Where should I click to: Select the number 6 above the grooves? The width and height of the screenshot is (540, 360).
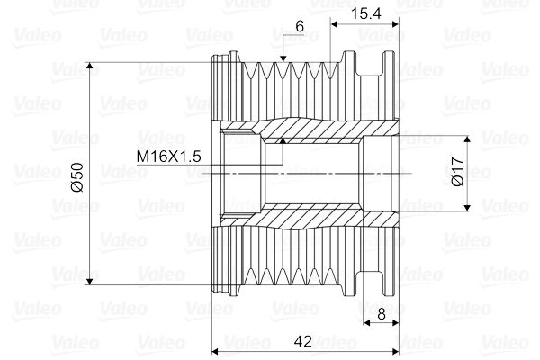[x=299, y=27]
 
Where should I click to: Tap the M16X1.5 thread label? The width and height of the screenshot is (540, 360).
[x=167, y=157]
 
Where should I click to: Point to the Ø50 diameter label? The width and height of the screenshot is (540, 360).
[x=76, y=175]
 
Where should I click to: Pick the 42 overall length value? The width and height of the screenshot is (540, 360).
[x=303, y=341]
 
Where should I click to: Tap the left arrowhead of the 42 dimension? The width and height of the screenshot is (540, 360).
[x=215, y=350]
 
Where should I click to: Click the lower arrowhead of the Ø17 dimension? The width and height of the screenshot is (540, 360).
[x=467, y=206]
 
